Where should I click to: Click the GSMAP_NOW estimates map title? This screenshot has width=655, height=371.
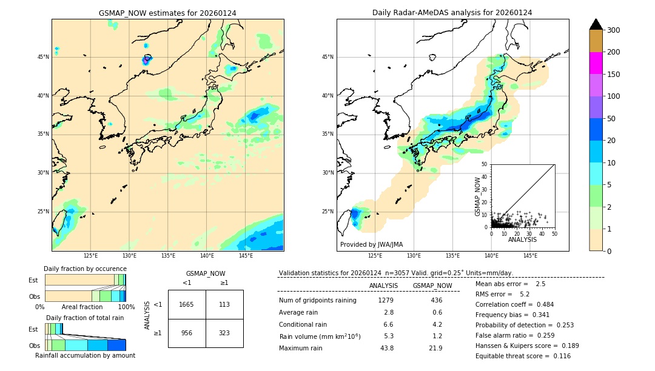(x=167, y=13)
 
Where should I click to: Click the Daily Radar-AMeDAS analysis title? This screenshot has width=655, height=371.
(x=452, y=13)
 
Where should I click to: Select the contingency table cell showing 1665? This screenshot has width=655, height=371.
(x=187, y=304)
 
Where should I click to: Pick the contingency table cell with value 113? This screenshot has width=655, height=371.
(x=224, y=304)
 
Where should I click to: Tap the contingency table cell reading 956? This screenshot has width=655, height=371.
(x=187, y=333)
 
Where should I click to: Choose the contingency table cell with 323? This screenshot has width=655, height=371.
(x=224, y=333)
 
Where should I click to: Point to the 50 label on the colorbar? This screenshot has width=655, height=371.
(x=613, y=119)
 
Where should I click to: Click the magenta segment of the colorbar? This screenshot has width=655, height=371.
(x=596, y=63)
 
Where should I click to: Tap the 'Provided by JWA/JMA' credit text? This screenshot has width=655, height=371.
(x=371, y=245)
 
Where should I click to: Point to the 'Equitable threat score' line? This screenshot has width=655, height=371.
(x=523, y=356)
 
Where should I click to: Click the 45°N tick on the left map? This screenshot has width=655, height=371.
(x=42, y=57)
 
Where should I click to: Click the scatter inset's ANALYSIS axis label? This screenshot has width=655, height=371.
(x=522, y=239)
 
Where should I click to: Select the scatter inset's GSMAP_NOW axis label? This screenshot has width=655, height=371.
(x=477, y=196)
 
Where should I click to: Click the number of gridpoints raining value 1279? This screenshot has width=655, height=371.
(x=386, y=300)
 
